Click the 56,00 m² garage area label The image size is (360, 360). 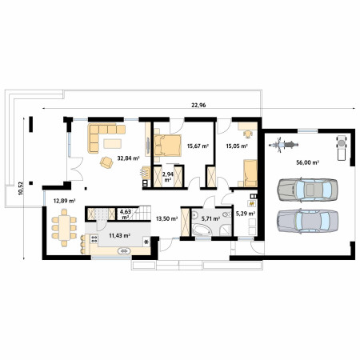[308, 162]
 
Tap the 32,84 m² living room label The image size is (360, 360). [129, 158]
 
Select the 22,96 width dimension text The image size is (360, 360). [198, 105]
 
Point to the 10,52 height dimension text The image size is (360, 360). [21, 189]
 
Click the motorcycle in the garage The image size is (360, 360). [283, 145]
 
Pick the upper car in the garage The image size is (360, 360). [307, 190]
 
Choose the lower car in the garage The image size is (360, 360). [307, 221]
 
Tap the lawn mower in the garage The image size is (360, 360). [342, 148]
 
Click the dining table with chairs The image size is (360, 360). [64, 228]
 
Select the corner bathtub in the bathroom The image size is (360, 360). [202, 230]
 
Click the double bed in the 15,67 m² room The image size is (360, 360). [167, 146]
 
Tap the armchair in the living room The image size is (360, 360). [106, 162]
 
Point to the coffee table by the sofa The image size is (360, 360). [113, 143]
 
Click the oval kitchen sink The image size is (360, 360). [124, 251]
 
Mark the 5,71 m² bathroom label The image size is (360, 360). [210, 218]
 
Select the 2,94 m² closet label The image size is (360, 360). [168, 177]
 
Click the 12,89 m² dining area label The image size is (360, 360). [64, 201]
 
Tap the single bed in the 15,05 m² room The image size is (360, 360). [250, 174]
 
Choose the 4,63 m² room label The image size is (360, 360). [126, 214]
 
